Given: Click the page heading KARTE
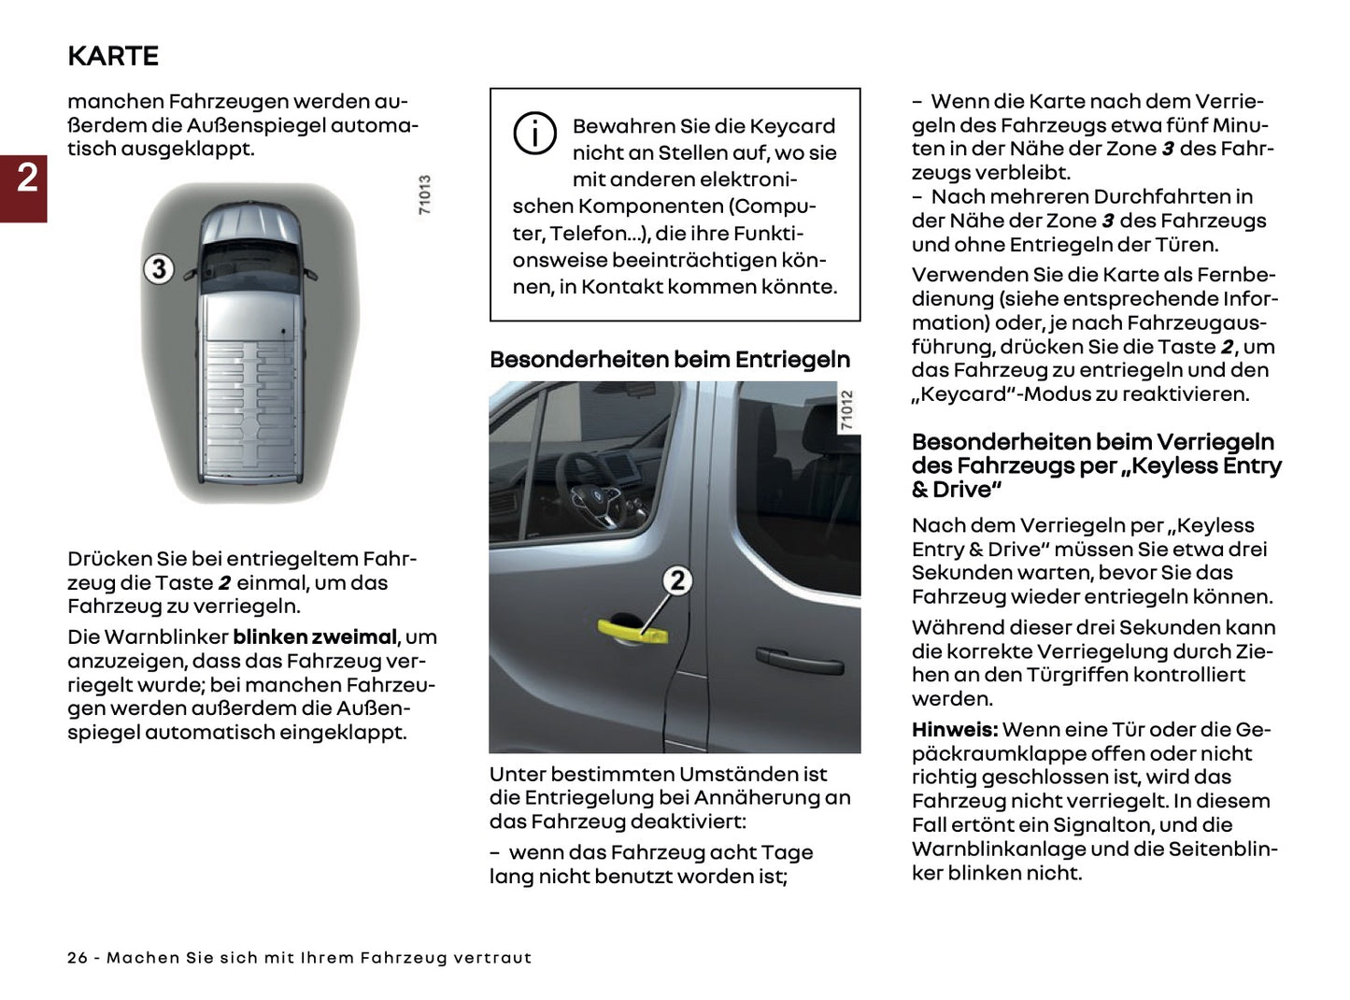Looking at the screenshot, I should point(113,56).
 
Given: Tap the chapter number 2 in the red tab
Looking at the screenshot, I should point(26,178).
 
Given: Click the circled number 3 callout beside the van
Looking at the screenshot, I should point(159,269).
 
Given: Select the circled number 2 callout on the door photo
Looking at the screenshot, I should point(677,580).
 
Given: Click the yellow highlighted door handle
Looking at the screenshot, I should point(632,629).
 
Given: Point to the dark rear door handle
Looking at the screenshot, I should point(799,660).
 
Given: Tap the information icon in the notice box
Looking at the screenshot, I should point(534,134).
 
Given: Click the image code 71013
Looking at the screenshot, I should point(425,195).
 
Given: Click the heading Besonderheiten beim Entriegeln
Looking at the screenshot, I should point(670,360).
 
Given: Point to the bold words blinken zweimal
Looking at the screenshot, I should point(315,637).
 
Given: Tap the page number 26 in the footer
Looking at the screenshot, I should point(78,958).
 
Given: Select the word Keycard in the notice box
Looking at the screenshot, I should point(792,126).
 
